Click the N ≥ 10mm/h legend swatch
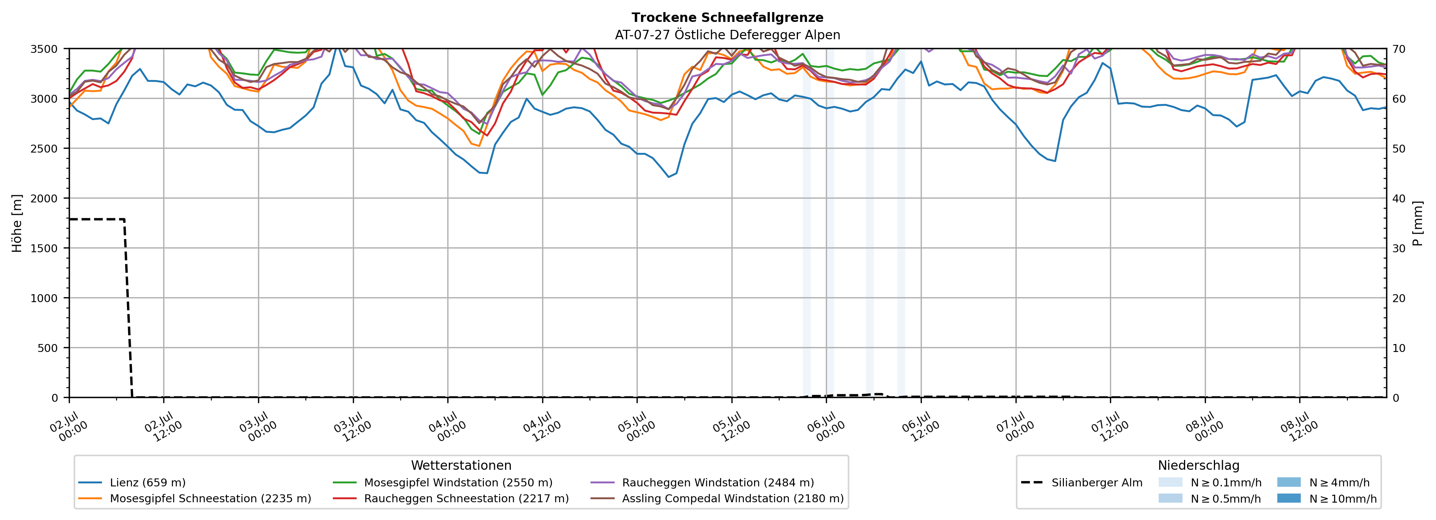[x=1289, y=498]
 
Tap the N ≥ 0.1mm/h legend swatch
[x=1170, y=482]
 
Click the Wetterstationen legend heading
[x=461, y=465]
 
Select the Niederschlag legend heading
[x=1198, y=465]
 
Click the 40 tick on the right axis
[x=1399, y=198]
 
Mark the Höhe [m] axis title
[x=17, y=223]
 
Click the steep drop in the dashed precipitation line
[x=128, y=308]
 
